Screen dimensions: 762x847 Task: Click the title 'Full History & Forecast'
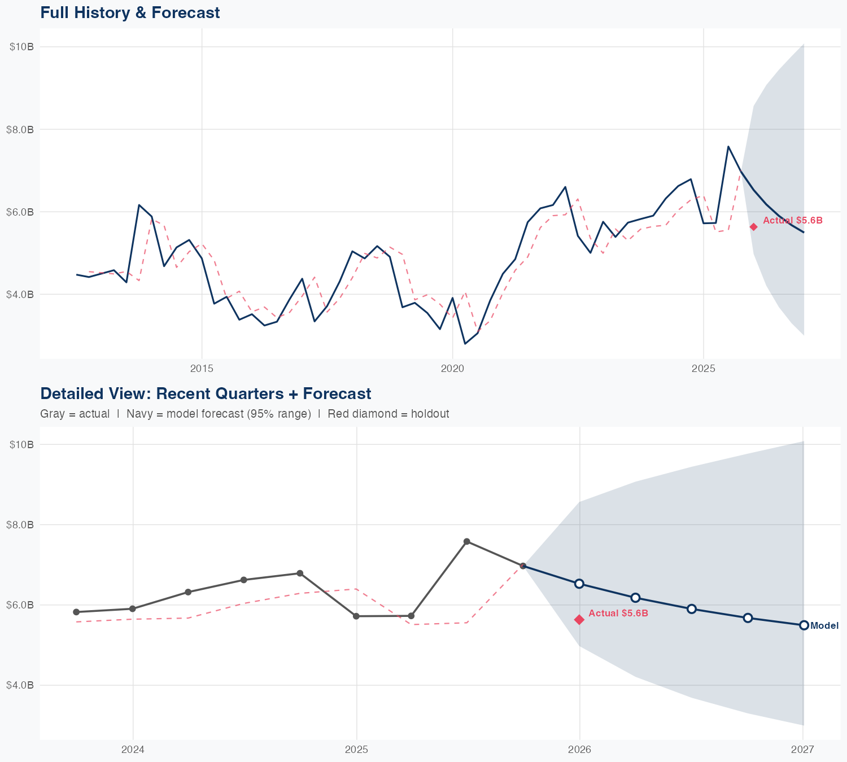[130, 12]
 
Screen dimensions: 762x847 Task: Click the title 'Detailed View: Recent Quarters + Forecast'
[206, 393]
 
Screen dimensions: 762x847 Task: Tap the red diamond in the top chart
[753, 227]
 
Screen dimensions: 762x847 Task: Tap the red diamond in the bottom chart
[579, 620]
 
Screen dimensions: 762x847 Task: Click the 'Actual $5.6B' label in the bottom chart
[618, 614]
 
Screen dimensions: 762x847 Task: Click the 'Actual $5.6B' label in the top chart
[793, 221]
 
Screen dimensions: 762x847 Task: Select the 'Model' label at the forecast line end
[824, 626]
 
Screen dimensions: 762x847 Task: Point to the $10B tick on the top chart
[21, 47]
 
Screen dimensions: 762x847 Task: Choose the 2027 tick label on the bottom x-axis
[802, 750]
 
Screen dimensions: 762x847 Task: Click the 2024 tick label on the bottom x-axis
[133, 750]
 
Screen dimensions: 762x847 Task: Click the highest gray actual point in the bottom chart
[467, 542]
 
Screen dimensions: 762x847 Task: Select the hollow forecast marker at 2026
[579, 584]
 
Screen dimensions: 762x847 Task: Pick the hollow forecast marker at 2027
[804, 625]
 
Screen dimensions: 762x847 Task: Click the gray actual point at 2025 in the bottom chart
[356, 616]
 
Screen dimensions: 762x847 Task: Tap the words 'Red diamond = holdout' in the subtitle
[388, 414]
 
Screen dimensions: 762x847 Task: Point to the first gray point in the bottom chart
[76, 612]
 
